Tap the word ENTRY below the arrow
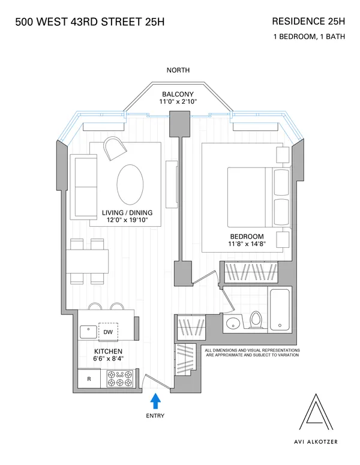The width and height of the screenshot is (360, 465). (155, 416)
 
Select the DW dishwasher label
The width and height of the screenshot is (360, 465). (108, 332)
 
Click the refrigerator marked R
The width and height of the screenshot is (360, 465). (89, 379)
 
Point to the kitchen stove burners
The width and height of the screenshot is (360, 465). (119, 379)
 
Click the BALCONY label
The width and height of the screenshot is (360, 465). (178, 95)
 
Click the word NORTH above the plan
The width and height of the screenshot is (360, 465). (178, 70)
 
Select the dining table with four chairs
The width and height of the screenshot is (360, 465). (88, 262)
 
